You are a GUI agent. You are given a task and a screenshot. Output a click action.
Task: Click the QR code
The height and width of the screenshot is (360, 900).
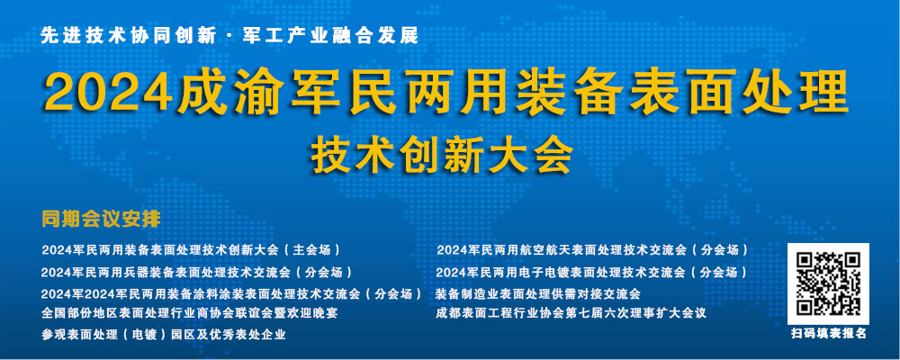pos(828,283)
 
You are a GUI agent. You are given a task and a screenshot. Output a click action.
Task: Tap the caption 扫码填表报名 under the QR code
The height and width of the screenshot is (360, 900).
pos(828,334)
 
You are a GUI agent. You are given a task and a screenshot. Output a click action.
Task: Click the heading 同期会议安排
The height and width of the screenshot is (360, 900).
pos(101,220)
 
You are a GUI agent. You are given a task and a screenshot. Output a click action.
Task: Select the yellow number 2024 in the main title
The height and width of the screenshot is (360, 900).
pos(109,94)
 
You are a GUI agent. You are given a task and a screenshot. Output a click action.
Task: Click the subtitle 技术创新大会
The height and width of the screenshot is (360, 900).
pos(442,155)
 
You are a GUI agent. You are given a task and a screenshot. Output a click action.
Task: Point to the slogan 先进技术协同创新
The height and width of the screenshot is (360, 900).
pos(129,36)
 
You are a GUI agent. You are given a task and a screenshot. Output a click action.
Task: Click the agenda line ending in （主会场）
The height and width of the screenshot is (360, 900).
pos(191,250)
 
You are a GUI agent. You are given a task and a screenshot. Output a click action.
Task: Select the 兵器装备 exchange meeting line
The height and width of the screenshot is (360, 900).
pos(196,272)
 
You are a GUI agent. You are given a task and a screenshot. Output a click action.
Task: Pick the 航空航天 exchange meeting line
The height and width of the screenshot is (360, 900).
pos(592,250)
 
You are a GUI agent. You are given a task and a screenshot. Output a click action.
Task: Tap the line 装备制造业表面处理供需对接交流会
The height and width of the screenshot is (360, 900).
pos(538,293)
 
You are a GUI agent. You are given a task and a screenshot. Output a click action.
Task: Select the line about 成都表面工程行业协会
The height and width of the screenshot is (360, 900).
pos(571,313)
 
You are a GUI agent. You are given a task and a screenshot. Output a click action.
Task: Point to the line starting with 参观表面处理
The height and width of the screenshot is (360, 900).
pos(164,335)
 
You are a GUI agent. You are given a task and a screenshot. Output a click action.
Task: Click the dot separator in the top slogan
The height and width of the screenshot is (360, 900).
pos(230,37)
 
